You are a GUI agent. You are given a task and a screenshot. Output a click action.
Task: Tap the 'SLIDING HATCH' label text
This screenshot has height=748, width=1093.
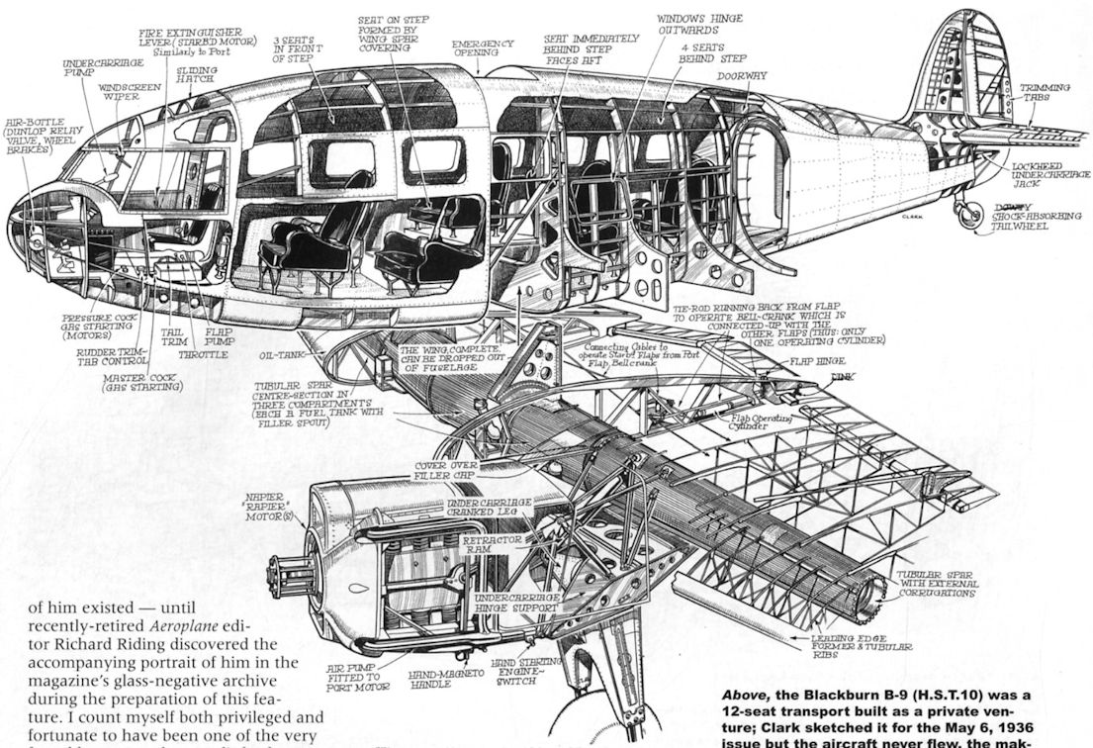[198, 76]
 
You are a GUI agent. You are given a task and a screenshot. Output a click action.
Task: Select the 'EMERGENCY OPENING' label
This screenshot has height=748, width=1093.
[483, 49]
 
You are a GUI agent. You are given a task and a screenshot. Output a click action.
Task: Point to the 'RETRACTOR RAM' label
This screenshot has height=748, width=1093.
[490, 546]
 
